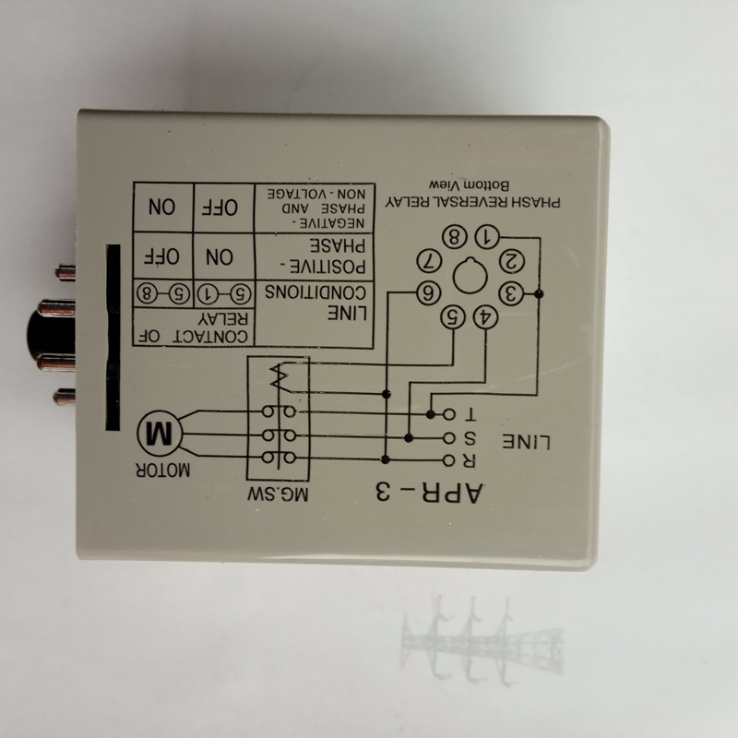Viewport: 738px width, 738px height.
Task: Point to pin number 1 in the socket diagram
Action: click(490, 236)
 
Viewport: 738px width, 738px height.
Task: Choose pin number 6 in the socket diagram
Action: click(428, 294)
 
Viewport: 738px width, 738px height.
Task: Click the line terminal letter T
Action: click(470, 413)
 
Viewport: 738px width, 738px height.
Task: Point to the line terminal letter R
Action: click(470, 458)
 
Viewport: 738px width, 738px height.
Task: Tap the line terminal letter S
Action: click(470, 436)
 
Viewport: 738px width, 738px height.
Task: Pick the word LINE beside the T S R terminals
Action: click(530, 441)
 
